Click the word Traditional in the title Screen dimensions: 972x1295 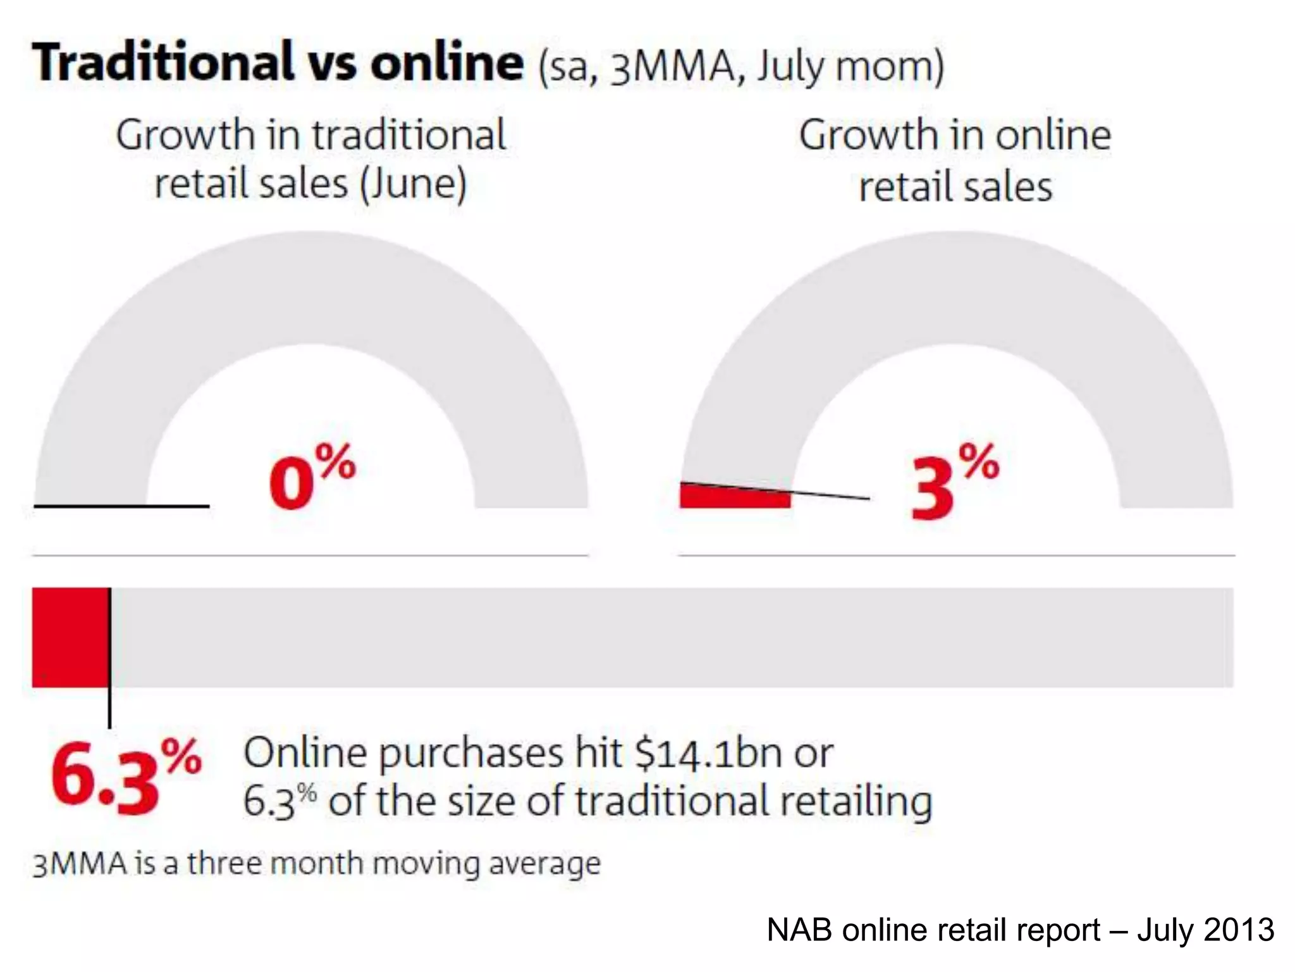(163, 62)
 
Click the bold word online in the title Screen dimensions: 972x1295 (446, 62)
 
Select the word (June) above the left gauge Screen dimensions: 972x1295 (414, 184)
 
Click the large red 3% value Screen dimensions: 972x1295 (954, 482)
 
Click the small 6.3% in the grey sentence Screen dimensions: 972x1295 (279, 801)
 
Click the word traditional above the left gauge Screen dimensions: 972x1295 (408, 135)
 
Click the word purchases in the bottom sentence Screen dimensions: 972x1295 (470, 754)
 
